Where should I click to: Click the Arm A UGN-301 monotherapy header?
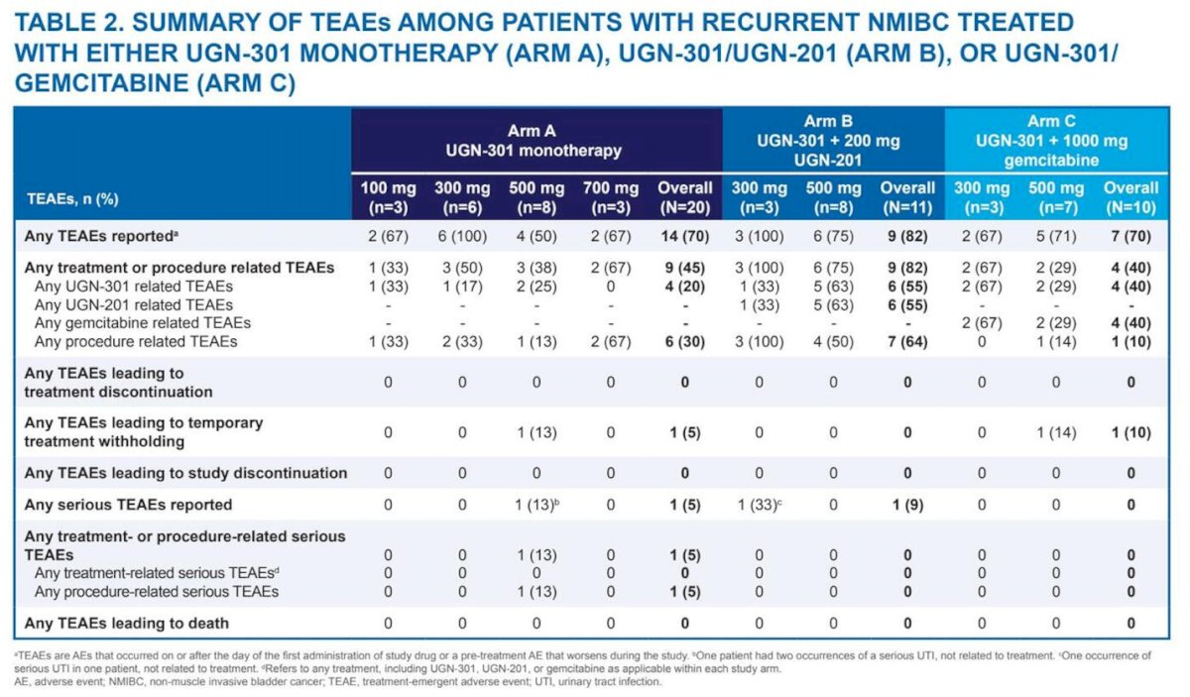tap(534, 141)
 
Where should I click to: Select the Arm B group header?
tap(828, 141)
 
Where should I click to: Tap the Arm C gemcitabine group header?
tap(1051, 141)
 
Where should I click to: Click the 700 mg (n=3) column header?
tap(611, 197)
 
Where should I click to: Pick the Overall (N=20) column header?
tap(685, 197)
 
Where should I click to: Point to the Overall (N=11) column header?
tap(907, 197)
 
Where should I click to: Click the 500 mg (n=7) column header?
tap(1056, 197)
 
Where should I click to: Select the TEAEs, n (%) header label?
tap(72, 199)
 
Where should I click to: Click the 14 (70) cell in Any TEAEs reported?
tap(685, 236)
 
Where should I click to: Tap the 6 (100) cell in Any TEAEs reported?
tap(462, 236)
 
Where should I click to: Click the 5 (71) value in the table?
tap(1056, 236)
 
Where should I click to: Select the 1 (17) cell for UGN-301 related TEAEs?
tap(462, 287)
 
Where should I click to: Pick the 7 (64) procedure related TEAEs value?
tap(907, 342)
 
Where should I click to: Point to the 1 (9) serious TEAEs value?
tap(907, 505)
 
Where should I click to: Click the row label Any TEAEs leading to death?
tap(127, 624)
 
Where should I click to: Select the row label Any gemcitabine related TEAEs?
tap(143, 323)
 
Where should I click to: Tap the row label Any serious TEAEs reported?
tap(128, 505)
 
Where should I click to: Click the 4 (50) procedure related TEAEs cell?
tap(833, 342)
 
